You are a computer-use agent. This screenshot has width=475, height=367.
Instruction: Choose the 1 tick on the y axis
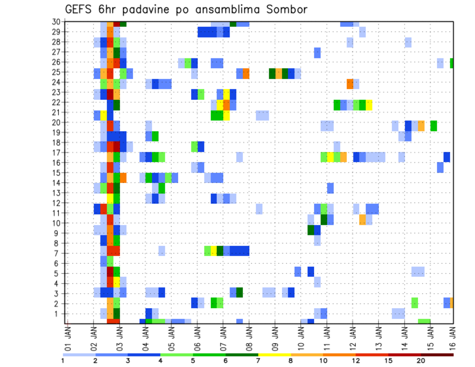(57, 314)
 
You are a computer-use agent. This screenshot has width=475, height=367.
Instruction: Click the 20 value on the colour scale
(421, 361)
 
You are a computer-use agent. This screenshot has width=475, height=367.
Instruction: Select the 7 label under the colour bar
(258, 361)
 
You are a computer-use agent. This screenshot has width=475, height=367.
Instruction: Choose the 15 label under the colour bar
(388, 361)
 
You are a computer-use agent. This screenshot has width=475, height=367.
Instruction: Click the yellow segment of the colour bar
(274, 354)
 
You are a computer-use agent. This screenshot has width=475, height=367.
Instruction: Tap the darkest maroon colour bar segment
(437, 354)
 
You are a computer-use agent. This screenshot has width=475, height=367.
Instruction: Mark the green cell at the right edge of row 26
(452, 63)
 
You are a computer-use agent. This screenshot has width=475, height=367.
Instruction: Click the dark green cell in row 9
(311, 230)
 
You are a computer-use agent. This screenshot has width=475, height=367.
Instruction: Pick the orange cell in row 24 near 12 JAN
(350, 83)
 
